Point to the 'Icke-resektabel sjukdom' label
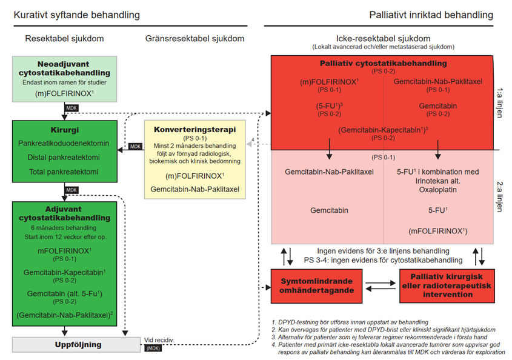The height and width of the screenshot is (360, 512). [383, 38]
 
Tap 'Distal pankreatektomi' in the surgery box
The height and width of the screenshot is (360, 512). [64, 158]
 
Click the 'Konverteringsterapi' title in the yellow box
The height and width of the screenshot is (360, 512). [195, 130]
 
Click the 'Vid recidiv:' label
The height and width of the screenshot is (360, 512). [159, 340]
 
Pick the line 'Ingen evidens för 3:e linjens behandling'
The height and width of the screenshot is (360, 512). [383, 251]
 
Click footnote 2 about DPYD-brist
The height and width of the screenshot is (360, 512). [387, 330]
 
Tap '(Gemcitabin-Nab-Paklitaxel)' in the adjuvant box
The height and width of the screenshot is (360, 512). [64, 315]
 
